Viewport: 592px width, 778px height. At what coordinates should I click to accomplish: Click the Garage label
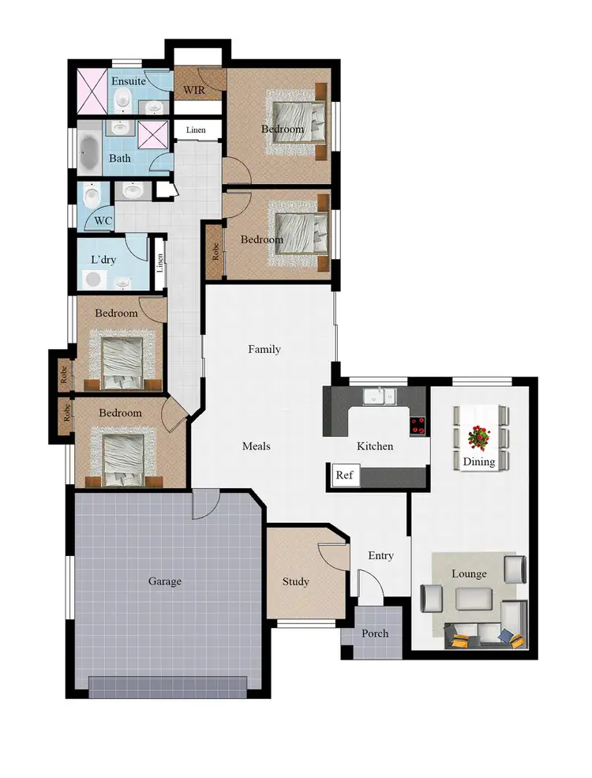click(x=165, y=581)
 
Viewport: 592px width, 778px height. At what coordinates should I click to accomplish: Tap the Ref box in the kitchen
click(x=344, y=475)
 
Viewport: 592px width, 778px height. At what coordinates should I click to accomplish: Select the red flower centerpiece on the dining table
click(x=479, y=435)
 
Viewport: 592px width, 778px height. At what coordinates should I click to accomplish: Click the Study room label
click(x=296, y=581)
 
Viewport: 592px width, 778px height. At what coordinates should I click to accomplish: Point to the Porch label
click(x=375, y=633)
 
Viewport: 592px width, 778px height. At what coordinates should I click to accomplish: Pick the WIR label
click(x=194, y=90)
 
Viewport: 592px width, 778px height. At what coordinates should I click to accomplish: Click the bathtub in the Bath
click(x=88, y=150)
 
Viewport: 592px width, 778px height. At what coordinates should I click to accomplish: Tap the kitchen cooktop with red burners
click(x=418, y=425)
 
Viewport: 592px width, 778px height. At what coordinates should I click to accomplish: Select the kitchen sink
click(x=380, y=396)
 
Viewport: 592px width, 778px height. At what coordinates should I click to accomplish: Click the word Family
click(x=264, y=349)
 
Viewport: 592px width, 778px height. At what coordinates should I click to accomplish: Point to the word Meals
click(x=256, y=446)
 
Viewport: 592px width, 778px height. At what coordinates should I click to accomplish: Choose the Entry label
click(x=380, y=556)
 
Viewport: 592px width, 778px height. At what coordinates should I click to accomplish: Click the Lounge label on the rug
click(x=469, y=574)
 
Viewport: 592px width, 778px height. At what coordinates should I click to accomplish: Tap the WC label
click(x=103, y=221)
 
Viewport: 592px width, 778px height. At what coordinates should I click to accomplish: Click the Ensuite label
click(x=127, y=81)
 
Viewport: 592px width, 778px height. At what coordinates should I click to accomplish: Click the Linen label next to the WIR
click(x=197, y=130)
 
